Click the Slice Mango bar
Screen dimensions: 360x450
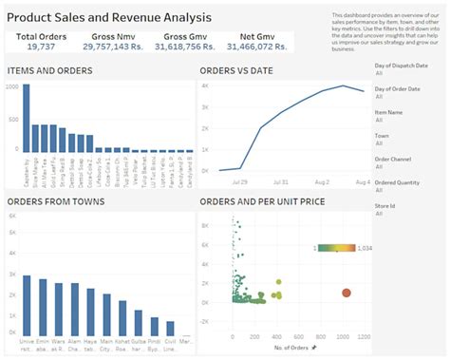[34, 137]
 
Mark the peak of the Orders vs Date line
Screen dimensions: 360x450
[346, 86]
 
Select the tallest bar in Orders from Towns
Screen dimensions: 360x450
[27, 305]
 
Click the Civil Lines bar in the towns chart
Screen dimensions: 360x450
[170, 328]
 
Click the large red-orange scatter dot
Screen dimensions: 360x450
[346, 294]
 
